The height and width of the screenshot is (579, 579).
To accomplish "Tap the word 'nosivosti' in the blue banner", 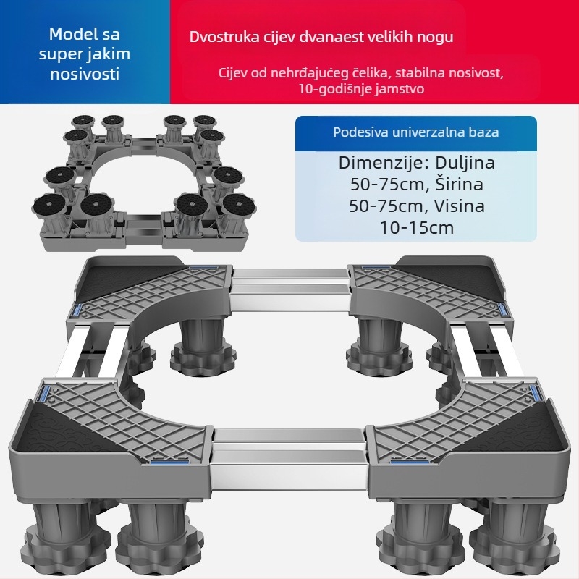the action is [x=85, y=74].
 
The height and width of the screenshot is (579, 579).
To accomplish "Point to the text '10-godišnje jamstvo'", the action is [x=361, y=89].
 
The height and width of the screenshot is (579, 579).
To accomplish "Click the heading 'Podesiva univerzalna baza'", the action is [x=415, y=132].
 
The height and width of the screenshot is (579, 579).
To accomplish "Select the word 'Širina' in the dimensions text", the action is [x=459, y=185].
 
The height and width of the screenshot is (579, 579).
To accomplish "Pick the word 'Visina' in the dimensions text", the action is [x=459, y=206].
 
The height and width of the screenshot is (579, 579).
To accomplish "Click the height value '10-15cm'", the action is [x=417, y=227].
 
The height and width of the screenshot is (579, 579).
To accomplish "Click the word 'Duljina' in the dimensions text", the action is [x=465, y=163].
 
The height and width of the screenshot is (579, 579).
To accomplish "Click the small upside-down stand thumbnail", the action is [x=144, y=183].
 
